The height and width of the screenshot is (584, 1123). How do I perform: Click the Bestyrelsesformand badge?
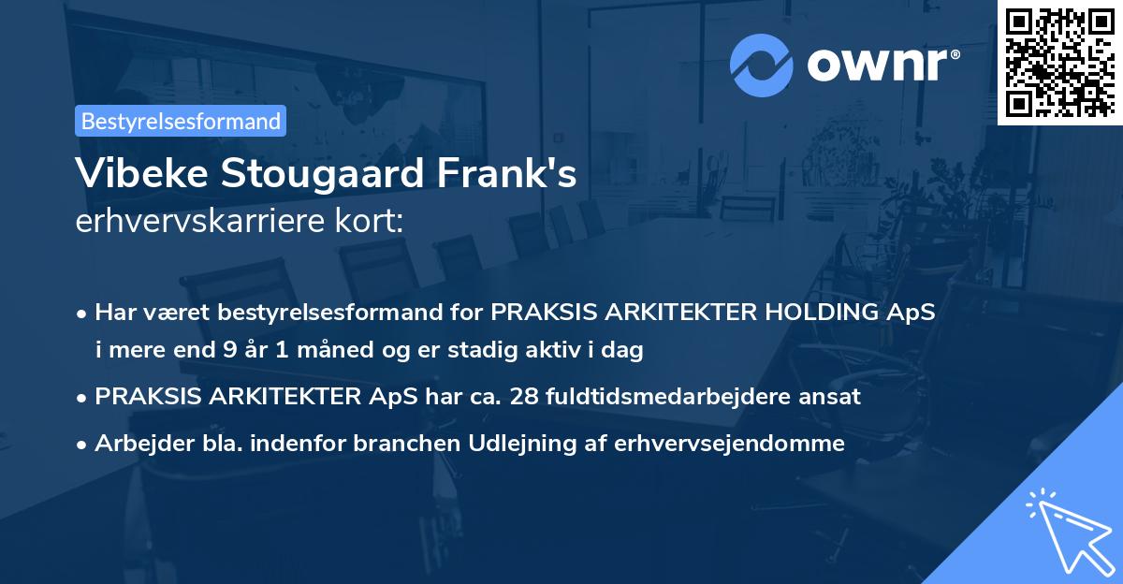coord(181,121)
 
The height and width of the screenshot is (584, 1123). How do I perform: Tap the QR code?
coord(1059,62)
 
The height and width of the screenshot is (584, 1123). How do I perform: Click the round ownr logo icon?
coord(761,65)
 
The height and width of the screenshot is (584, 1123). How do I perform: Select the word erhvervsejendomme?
coord(730,444)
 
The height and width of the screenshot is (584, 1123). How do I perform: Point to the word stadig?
coord(515,351)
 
